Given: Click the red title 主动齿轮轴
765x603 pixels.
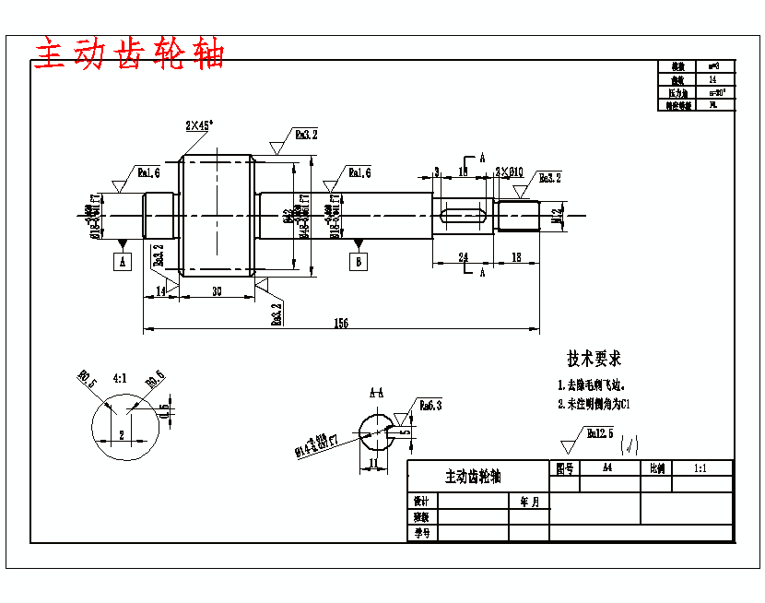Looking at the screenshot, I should pyautogui.click(x=129, y=54).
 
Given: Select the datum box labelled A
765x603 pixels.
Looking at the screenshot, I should pyautogui.click(x=124, y=262).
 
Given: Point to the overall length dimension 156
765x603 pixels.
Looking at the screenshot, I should pyautogui.click(x=341, y=322).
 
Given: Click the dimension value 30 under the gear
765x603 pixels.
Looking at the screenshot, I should pyautogui.click(x=217, y=291).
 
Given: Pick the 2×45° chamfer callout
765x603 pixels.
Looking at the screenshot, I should pyautogui.click(x=199, y=124).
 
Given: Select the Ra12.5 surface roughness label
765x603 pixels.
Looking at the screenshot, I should pyautogui.click(x=600, y=432).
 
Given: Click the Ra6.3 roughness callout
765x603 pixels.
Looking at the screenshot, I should pyautogui.click(x=431, y=405).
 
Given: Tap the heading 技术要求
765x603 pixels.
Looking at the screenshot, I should pyautogui.click(x=594, y=358).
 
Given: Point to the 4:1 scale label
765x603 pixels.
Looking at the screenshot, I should pyautogui.click(x=120, y=377).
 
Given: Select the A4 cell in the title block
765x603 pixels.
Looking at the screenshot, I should pyautogui.click(x=607, y=467).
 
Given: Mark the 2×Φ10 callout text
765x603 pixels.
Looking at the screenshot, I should pyautogui.click(x=509, y=171).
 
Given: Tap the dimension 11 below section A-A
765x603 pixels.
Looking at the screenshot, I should pyautogui.click(x=373, y=463).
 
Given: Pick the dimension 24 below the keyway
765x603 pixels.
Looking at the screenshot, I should pyautogui.click(x=464, y=258).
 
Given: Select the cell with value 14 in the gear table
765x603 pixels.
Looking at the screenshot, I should pyautogui.click(x=713, y=79).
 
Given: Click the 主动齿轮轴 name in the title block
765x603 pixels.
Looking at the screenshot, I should pyautogui.click(x=474, y=476).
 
